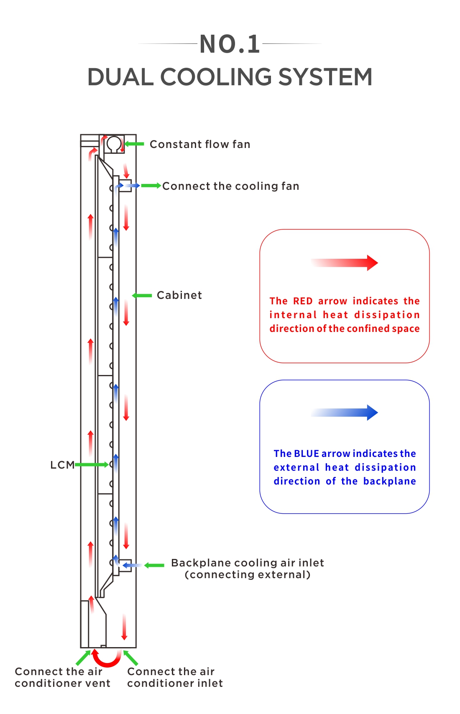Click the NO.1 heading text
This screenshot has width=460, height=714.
(230, 44)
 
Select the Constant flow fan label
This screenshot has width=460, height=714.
(200, 144)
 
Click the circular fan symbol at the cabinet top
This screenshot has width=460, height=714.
(113, 144)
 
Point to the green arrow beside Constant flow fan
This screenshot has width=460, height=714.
(134, 144)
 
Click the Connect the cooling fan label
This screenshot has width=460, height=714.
(230, 186)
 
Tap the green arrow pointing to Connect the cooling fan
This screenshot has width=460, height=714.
(151, 186)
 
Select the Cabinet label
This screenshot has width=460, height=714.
(179, 295)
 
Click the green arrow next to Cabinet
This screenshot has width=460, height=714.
(142, 296)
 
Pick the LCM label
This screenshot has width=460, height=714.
(62, 465)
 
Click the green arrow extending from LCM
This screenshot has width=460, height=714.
(92, 464)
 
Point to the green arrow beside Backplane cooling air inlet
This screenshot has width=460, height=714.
(154, 566)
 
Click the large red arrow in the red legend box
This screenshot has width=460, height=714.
(345, 263)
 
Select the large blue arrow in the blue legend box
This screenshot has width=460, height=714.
(345, 413)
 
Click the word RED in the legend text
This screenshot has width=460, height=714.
(303, 301)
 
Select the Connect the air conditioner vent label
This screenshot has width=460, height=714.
(62, 677)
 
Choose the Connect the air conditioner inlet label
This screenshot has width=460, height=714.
(175, 677)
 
